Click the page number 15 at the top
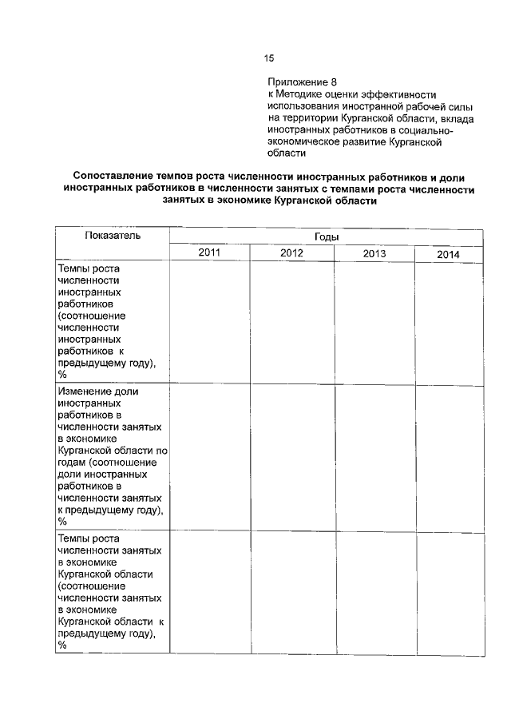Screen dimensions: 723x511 269,58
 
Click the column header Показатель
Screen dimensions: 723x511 113,236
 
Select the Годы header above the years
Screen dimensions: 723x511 326,237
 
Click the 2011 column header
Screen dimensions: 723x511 209,253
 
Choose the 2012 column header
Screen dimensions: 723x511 291,253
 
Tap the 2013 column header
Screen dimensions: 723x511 374,254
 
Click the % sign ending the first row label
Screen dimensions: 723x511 62,374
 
